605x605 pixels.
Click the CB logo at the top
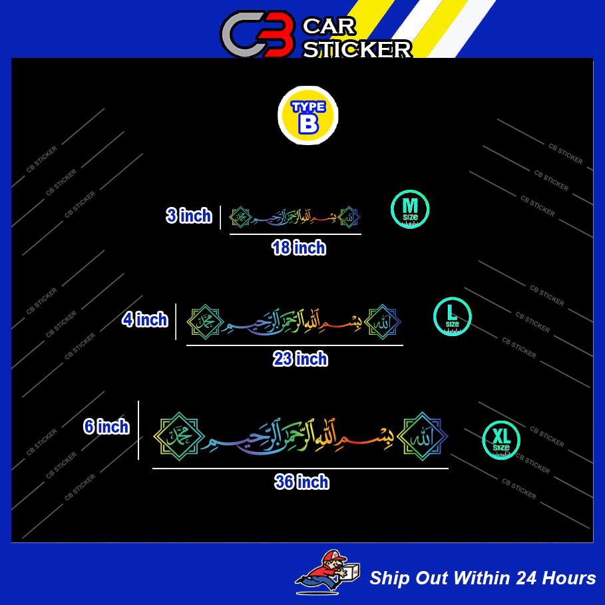(258, 35)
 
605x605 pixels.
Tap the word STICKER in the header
(357, 49)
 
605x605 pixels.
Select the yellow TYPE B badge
(307, 115)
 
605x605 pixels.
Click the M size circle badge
(410, 209)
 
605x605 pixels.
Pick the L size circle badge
(453, 316)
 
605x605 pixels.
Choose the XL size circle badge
(501, 440)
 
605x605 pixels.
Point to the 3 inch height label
(189, 216)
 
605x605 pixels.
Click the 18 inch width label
(299, 248)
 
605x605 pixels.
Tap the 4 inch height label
(145, 319)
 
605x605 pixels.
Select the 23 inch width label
(301, 359)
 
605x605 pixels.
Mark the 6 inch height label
(106, 427)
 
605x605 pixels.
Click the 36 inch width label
(302, 482)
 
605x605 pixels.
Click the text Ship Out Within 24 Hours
(483, 578)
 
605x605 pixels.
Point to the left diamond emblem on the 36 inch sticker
(179, 436)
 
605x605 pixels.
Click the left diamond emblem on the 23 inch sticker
(206, 321)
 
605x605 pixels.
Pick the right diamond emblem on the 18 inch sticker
(349, 217)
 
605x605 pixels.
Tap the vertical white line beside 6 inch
(138, 430)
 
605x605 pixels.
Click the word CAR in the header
(329, 27)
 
